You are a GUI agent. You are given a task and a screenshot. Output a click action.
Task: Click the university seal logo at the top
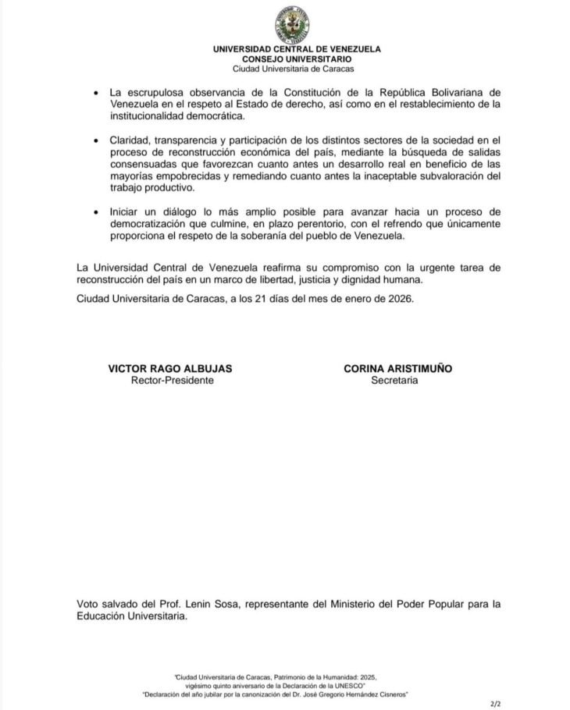click(296, 23)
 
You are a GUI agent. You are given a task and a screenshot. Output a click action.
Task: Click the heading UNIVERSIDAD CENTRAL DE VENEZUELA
click(297, 49)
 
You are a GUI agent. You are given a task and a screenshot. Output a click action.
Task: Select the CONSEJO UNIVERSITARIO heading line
click(297, 59)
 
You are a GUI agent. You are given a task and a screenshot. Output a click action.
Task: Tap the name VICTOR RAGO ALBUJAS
click(171, 369)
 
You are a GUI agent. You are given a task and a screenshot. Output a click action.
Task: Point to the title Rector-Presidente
click(171, 380)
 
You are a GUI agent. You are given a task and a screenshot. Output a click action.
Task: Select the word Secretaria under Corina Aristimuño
click(394, 380)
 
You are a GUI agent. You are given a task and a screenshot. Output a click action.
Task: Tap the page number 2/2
click(494, 703)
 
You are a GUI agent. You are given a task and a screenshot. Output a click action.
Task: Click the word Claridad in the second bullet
click(130, 140)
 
